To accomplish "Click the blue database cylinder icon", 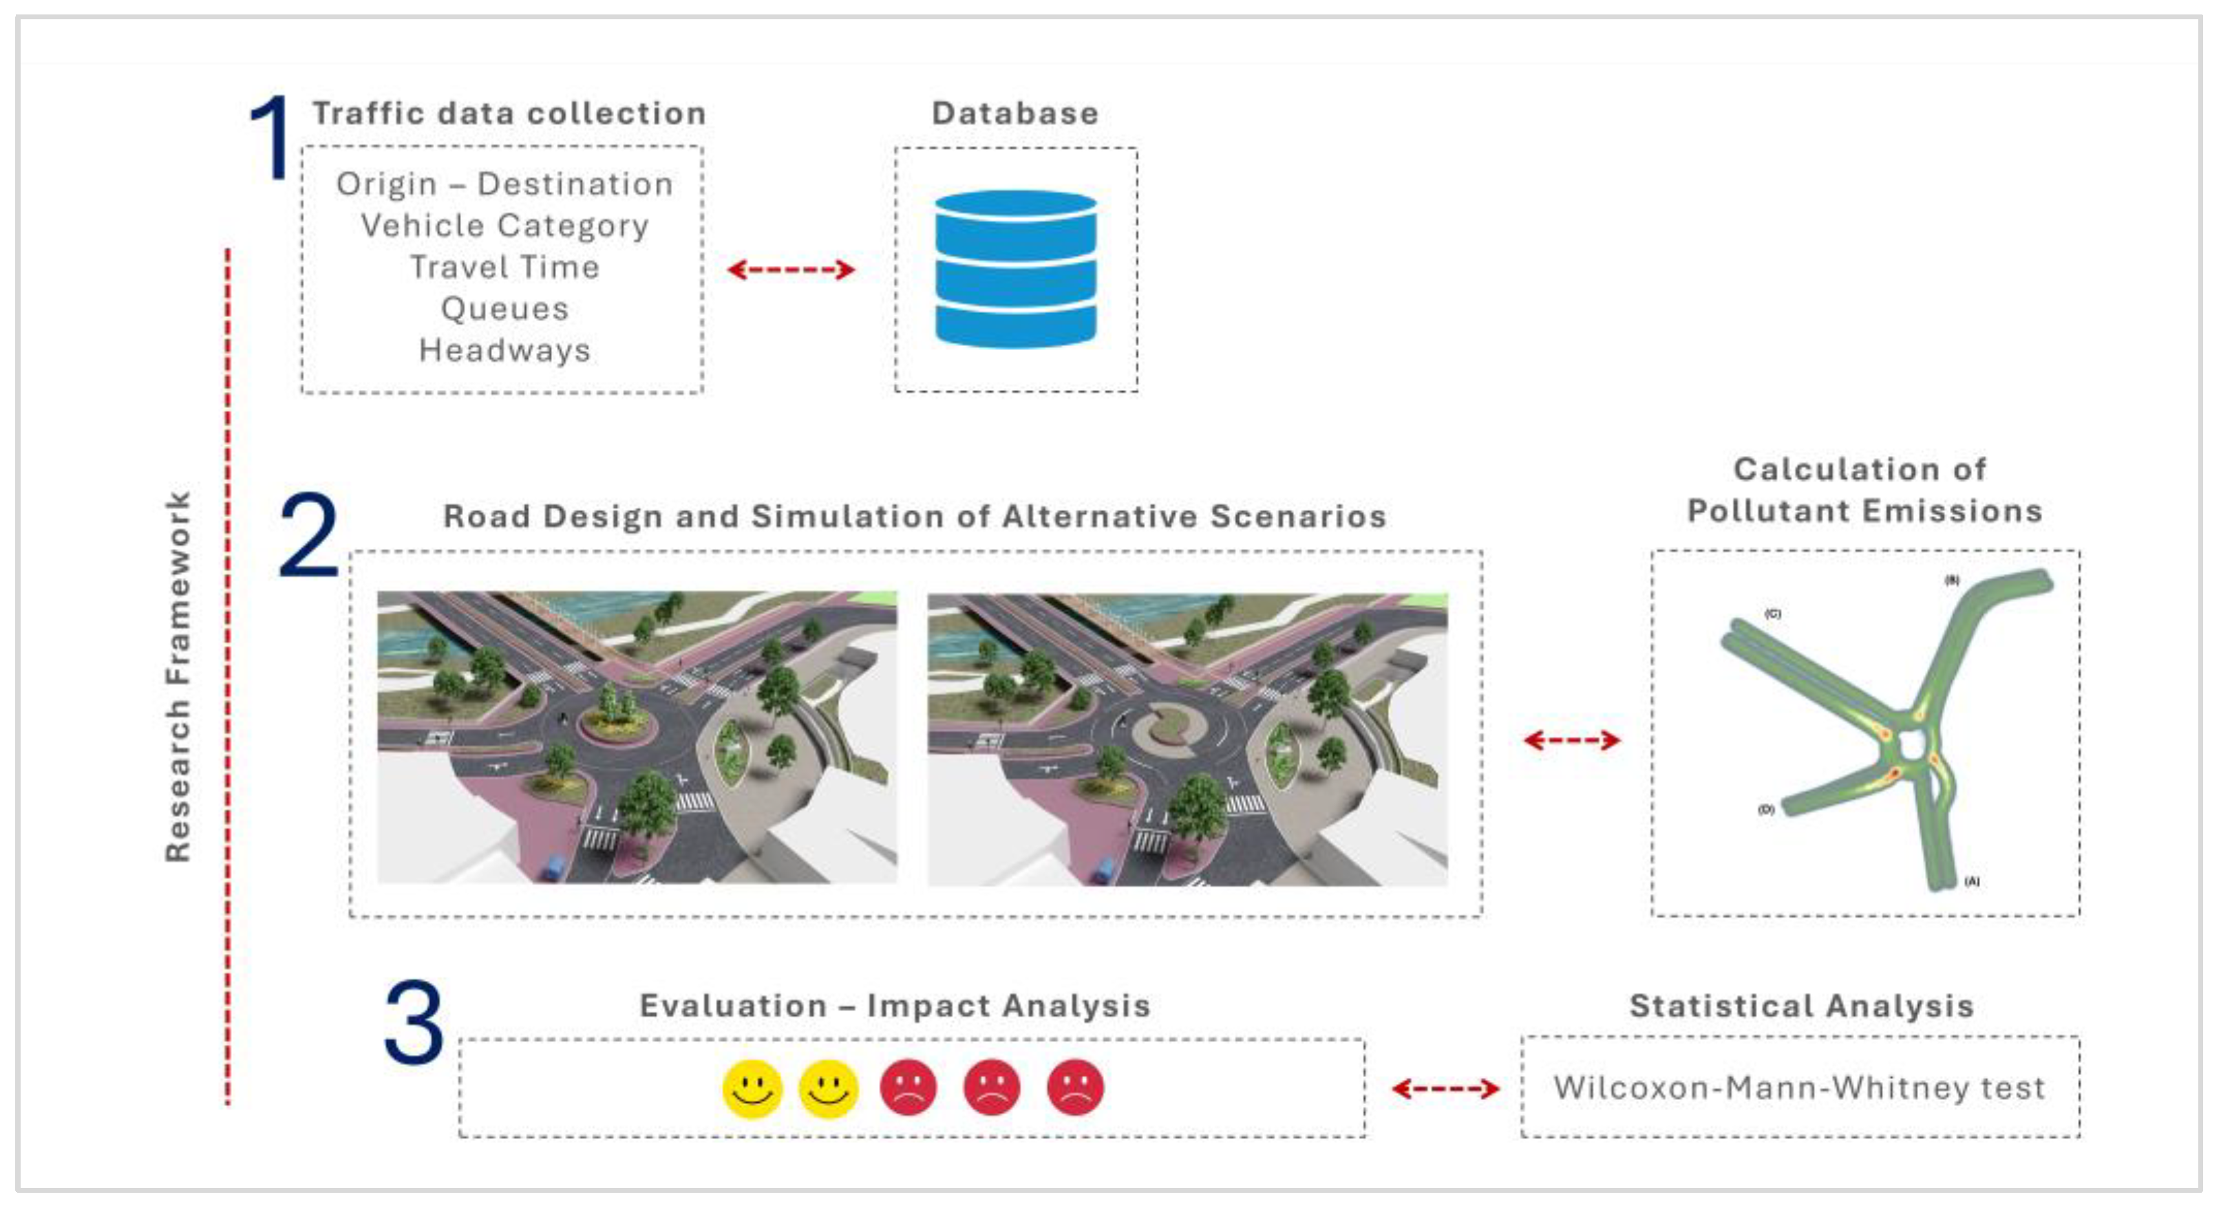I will click(x=1016, y=270).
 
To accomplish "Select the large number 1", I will click(x=270, y=138).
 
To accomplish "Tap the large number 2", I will click(x=308, y=535).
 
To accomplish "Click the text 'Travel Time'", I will click(x=504, y=267).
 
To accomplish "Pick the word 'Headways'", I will click(x=504, y=351).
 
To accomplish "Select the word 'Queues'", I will click(x=504, y=310).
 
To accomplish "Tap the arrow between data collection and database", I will click(x=791, y=270).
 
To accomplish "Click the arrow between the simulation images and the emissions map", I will click(x=1571, y=739).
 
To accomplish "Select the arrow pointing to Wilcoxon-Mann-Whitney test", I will click(x=1445, y=1088).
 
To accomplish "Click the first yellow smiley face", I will click(x=752, y=1088).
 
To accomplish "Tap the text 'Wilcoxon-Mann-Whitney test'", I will click(x=1799, y=1088).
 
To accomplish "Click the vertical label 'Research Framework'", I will click(x=178, y=676).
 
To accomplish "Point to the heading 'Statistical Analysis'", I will click(x=1801, y=1006).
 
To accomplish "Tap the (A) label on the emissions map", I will click(x=1972, y=881).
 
